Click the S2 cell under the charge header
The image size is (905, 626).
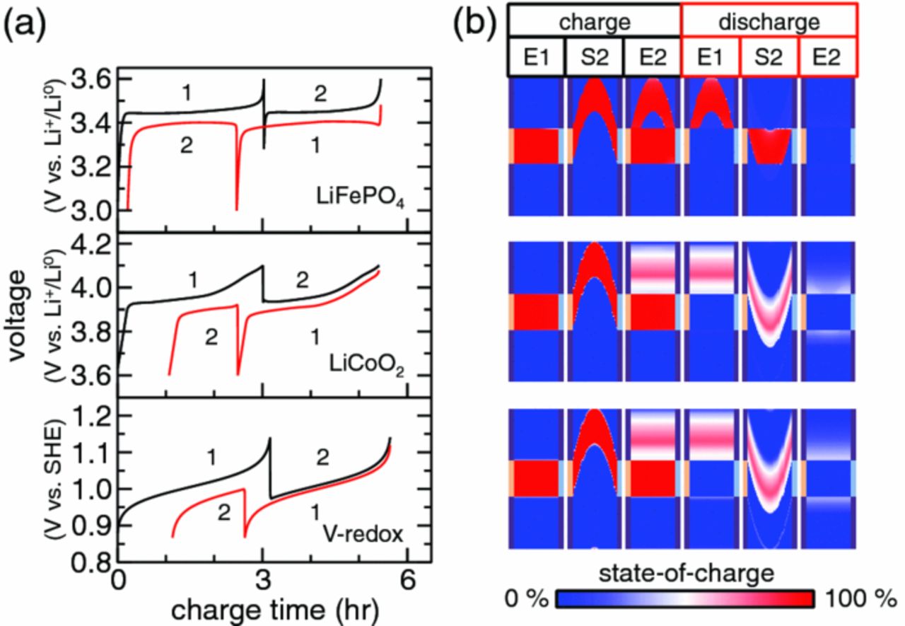point(594,57)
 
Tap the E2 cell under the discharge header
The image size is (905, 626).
point(826,57)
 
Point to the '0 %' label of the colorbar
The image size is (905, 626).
point(527,598)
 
